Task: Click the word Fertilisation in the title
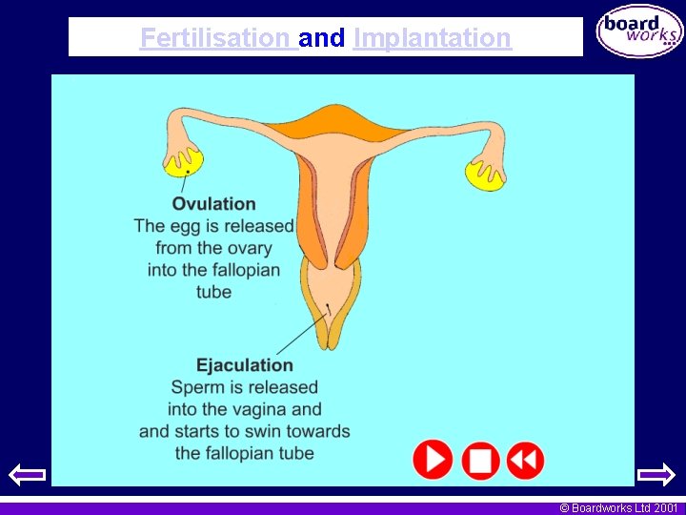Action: pos(214,38)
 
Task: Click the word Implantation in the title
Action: pos(432,38)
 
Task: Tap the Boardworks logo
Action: pos(639,31)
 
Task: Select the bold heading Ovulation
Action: pos(213,203)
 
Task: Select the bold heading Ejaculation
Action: pos(245,365)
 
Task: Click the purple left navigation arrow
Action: pos(27,473)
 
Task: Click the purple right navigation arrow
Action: pos(656,473)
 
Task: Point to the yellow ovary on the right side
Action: pos(484,175)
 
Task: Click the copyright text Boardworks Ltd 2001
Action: pos(618,508)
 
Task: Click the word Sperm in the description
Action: pos(193,387)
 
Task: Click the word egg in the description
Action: pos(183,226)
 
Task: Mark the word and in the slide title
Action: pos(321,38)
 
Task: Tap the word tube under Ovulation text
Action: pos(213,292)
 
